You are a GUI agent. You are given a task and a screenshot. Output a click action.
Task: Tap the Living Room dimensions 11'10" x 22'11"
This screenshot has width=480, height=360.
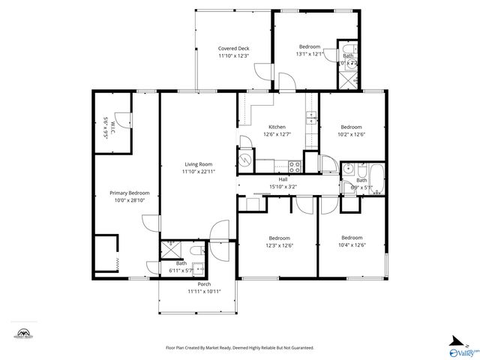[x=198, y=172]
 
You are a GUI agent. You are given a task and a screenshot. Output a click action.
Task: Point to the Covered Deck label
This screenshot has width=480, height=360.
[x=233, y=48]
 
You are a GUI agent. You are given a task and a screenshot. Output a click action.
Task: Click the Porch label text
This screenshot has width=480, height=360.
[x=204, y=284]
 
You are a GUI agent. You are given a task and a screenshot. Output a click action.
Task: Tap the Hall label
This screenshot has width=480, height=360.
[x=283, y=179]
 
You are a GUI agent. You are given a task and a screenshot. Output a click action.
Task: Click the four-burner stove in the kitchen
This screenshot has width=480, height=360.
[x=295, y=166]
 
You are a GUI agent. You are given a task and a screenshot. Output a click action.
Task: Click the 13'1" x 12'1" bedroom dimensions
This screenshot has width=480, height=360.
[x=310, y=54]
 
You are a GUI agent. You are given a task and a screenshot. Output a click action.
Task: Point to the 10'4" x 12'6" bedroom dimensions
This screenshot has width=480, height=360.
[x=352, y=245]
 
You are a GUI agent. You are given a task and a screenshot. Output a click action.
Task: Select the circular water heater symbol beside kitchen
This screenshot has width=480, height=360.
[x=246, y=160]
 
